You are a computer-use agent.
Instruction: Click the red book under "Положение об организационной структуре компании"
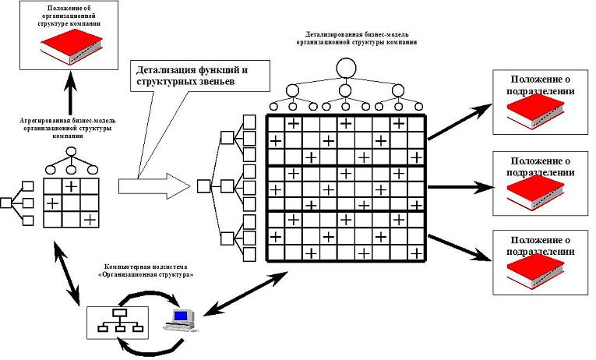[72, 47]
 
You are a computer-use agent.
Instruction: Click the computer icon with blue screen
[182, 320]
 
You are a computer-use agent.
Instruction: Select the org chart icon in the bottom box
[121, 320]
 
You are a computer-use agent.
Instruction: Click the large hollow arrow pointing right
[154, 186]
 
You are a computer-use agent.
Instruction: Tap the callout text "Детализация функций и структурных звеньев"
[192, 76]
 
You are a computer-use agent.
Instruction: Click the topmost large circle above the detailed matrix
[346, 69]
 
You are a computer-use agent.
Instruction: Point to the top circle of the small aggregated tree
[71, 152]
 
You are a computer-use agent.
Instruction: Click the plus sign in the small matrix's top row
[71, 186]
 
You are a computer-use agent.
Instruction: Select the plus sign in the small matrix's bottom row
[90, 219]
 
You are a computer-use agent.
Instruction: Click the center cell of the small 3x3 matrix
[71, 203]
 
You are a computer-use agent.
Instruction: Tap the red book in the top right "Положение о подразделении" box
[535, 111]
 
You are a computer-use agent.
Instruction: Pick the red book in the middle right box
[535, 192]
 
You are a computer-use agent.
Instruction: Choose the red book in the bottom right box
[535, 271]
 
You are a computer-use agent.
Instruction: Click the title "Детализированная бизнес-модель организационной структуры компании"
[357, 38]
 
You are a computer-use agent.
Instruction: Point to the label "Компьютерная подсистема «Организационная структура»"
[146, 270]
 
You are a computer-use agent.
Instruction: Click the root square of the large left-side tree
[204, 186]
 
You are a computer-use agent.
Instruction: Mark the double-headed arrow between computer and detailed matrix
[245, 294]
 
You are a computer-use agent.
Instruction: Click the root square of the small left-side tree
[5, 203]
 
